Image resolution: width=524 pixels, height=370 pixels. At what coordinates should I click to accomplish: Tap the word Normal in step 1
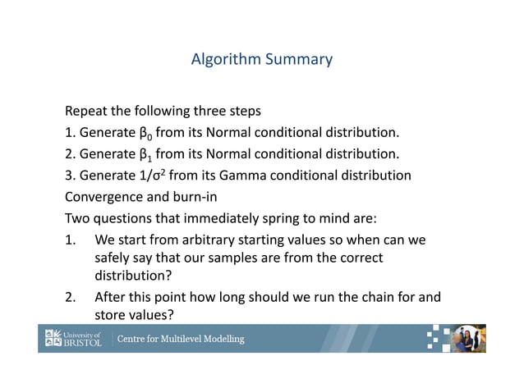pyautogui.click(x=218, y=132)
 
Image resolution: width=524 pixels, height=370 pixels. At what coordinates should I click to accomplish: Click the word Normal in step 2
pyautogui.click(x=218, y=153)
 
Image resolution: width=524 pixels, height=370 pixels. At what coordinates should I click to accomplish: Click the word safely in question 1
pyautogui.click(x=116, y=258)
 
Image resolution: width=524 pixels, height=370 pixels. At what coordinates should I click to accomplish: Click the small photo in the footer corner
pyautogui.click(x=470, y=339)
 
